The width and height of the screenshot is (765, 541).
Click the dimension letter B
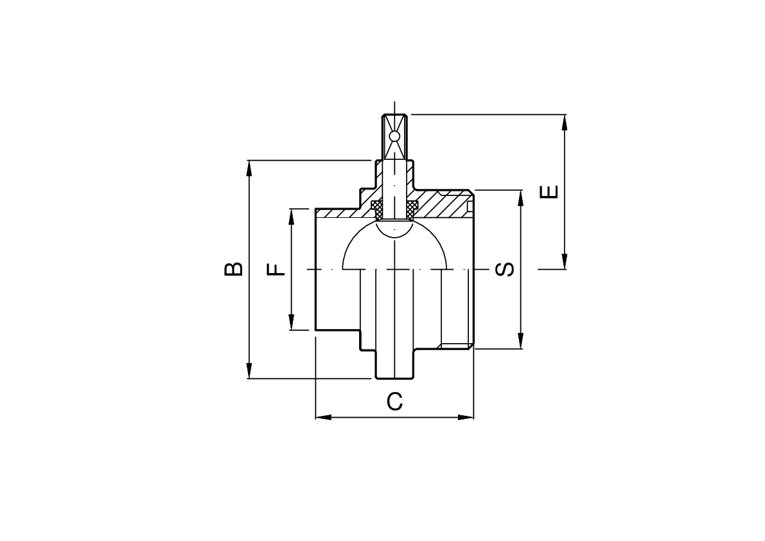234,269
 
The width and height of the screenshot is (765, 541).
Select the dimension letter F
276,269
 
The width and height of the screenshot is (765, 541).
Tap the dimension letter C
394,402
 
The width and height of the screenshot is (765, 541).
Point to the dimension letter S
505,269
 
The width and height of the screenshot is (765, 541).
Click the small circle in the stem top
394,136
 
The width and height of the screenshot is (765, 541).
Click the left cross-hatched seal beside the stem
378,209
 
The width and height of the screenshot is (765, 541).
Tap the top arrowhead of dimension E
565,122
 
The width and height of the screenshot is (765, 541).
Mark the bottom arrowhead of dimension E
565,262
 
